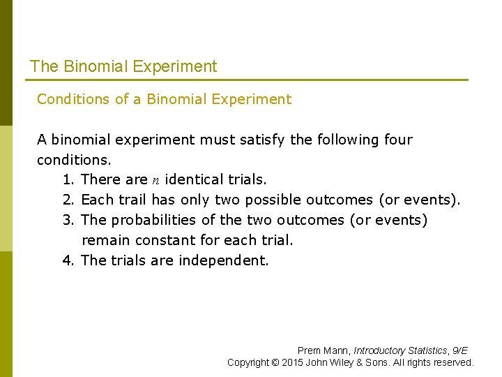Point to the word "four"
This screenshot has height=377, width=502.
[398, 140]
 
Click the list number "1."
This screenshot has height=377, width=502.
[68, 179]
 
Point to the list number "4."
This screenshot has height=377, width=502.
[68, 260]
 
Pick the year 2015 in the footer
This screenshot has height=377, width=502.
[294, 362]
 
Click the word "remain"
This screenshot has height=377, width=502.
[104, 240]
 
